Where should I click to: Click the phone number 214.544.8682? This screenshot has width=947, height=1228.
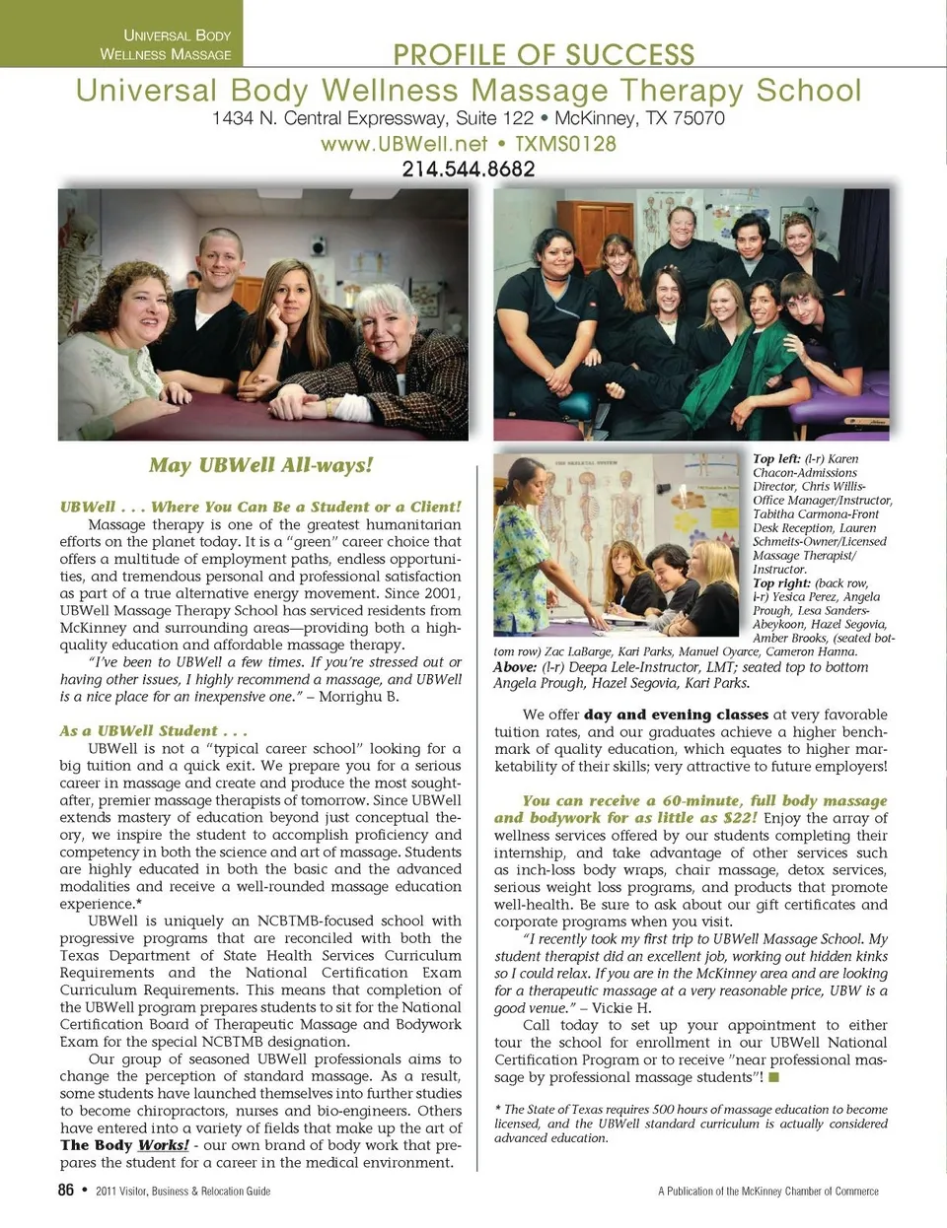tap(469, 170)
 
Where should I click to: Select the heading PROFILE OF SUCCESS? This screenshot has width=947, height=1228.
tap(544, 55)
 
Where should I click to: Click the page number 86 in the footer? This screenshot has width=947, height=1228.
tap(66, 1190)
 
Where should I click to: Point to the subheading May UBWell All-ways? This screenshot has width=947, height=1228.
tap(260, 465)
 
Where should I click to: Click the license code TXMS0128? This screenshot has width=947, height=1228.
tap(565, 144)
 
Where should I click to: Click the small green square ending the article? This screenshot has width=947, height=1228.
tap(774, 1076)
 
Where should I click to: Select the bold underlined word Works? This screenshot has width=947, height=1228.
tap(163, 1145)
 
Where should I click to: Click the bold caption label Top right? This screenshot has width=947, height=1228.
tap(776, 583)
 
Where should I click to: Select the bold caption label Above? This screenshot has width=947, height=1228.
tap(514, 667)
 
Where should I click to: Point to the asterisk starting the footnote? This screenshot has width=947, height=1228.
tap(497, 1110)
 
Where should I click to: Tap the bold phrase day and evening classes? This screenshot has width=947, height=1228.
tap(676, 715)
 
